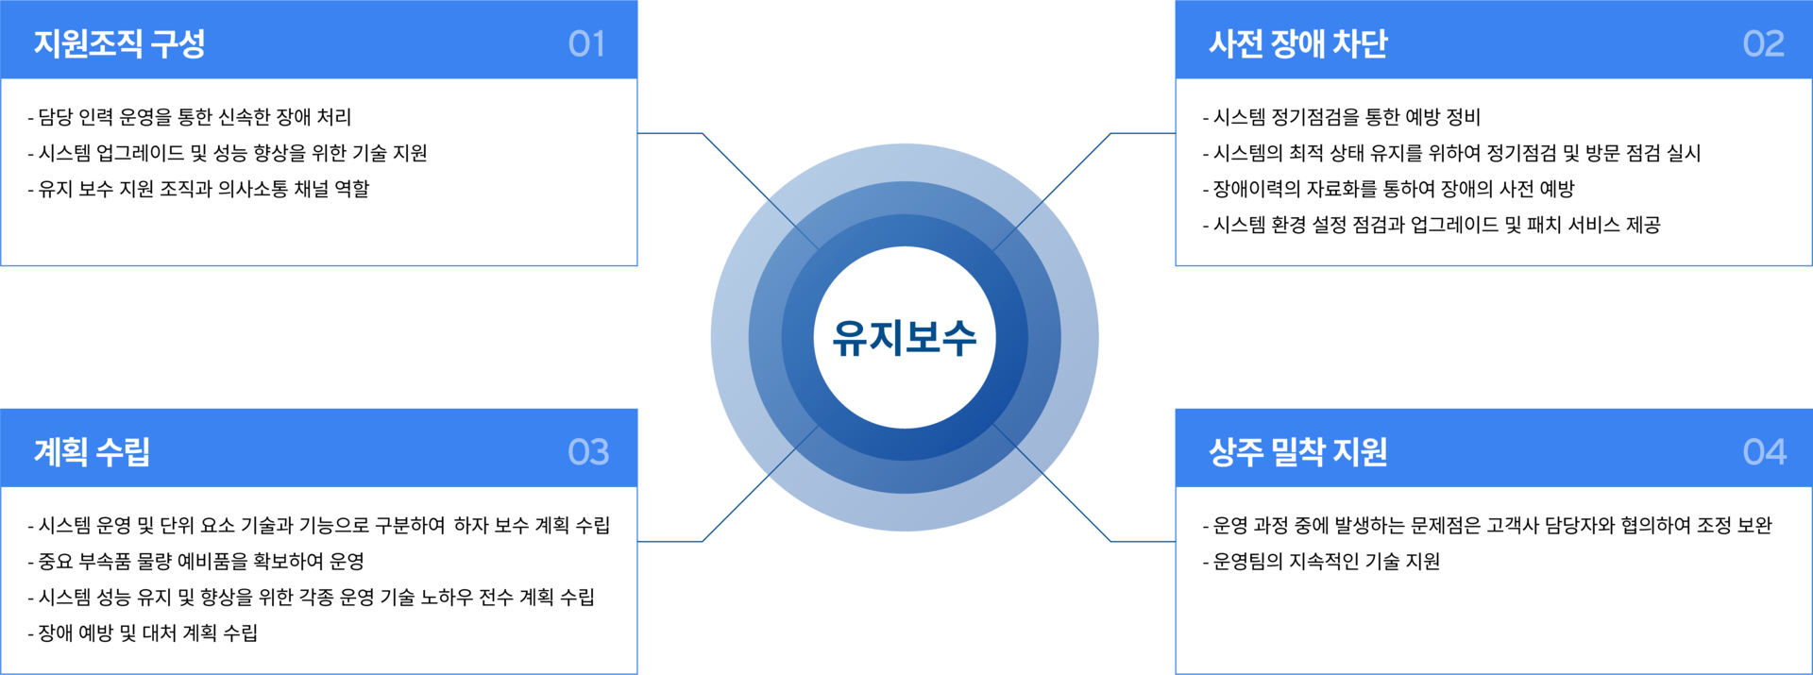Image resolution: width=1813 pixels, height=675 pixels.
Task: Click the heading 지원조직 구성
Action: pyautogui.click(x=120, y=43)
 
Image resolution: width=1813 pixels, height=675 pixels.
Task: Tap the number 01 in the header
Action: pyautogui.click(x=586, y=43)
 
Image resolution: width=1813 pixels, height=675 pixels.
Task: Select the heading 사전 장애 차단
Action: pyautogui.click(x=1298, y=43)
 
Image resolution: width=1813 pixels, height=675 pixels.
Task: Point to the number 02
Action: pyautogui.click(x=1764, y=43)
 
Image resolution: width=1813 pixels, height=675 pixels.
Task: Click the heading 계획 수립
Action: pyautogui.click(x=92, y=452)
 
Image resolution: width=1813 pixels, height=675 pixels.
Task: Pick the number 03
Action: pyautogui.click(x=588, y=452)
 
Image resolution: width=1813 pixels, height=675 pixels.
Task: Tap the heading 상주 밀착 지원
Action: pyautogui.click(x=1298, y=452)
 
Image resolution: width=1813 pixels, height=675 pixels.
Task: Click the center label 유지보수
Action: pyautogui.click(x=905, y=338)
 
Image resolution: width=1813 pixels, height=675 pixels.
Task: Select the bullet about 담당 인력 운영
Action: pyautogui.click(x=190, y=117)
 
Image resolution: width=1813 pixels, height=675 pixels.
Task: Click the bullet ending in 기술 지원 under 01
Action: pyautogui.click(x=228, y=153)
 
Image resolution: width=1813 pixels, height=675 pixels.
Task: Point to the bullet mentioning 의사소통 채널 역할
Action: pyautogui.click(x=199, y=189)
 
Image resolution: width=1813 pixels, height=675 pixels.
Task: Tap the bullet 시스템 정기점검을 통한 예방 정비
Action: pyautogui.click(x=1342, y=117)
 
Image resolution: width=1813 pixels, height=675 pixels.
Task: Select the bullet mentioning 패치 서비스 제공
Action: pyautogui.click(x=1432, y=225)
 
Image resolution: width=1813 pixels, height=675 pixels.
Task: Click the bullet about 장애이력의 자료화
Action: pyautogui.click(x=1389, y=189)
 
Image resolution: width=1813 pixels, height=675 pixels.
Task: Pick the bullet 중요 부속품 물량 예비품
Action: pyautogui.click(x=196, y=561)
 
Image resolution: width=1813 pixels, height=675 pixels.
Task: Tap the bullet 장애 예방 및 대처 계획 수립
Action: pyautogui.click(x=144, y=633)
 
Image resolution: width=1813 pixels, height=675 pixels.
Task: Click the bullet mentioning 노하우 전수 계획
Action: pyautogui.click(x=312, y=597)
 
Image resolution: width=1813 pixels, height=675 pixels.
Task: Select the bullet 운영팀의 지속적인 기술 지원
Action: pyautogui.click(x=1322, y=561)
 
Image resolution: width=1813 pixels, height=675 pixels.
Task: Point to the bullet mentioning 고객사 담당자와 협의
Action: pyautogui.click(x=1487, y=525)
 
